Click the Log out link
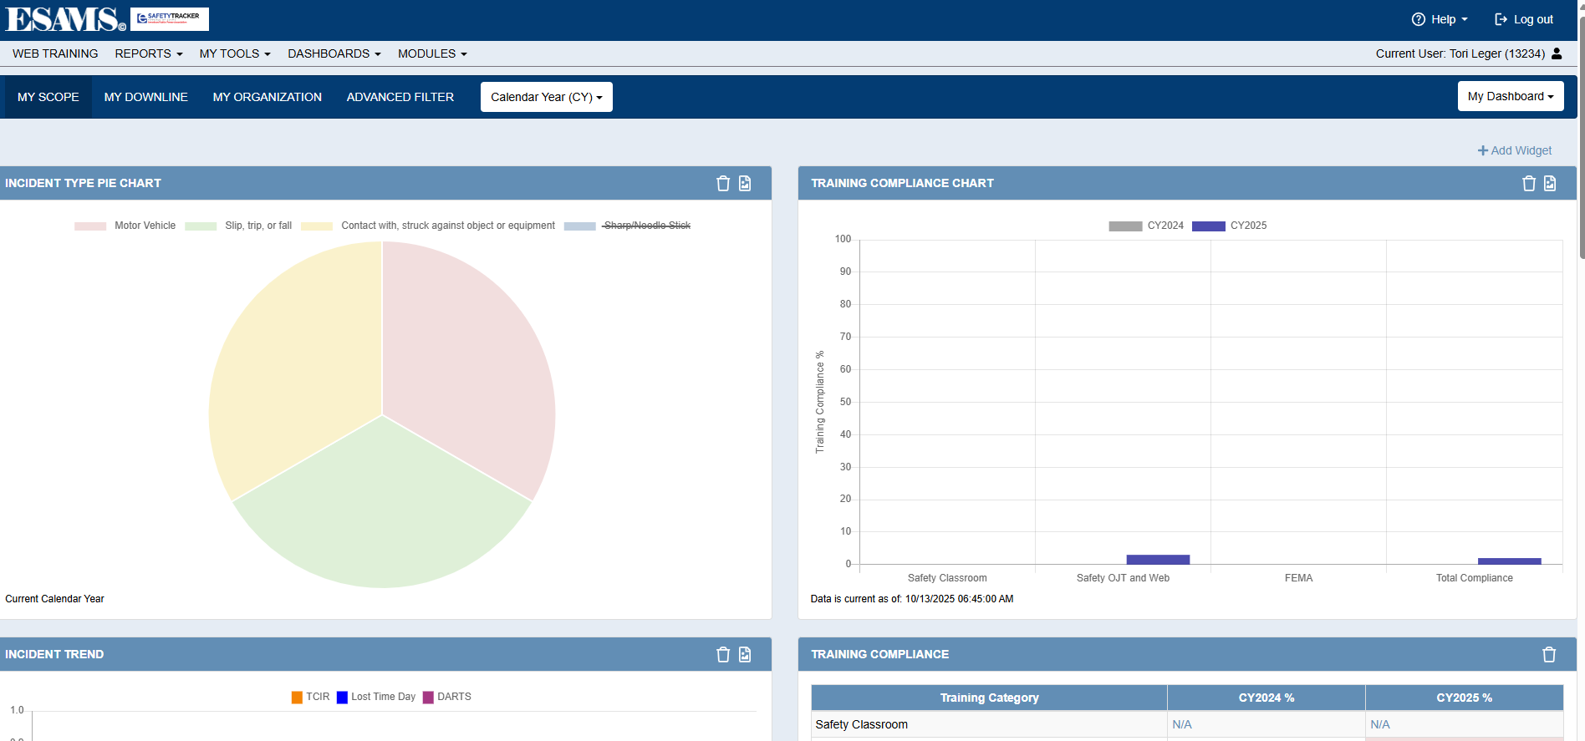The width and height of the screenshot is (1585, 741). coord(1524,19)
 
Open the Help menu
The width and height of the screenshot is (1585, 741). coord(1440,19)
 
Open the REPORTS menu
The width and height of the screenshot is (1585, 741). coord(148,53)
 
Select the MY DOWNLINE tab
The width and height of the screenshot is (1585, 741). coord(145,97)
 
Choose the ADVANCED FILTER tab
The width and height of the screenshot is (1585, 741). coord(400,97)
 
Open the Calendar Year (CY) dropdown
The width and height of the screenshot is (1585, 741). coord(546,97)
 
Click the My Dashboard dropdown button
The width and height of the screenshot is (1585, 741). coord(1510,96)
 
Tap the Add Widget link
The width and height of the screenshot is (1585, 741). coord(1515,150)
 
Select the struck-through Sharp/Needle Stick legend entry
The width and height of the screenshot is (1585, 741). coord(646,226)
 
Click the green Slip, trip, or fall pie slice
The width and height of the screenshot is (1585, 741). coord(382,510)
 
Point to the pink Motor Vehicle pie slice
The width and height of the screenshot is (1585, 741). coord(468,359)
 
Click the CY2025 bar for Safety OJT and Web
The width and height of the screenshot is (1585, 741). coord(1158,560)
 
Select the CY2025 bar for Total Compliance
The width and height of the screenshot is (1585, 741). coord(1509,561)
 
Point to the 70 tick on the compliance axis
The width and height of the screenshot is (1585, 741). coord(845,337)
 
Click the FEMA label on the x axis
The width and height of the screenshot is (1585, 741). coord(1298,578)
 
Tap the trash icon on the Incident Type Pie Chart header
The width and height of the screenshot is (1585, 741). coord(723,184)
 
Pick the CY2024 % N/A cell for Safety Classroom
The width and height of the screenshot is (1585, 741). coord(1182,724)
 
